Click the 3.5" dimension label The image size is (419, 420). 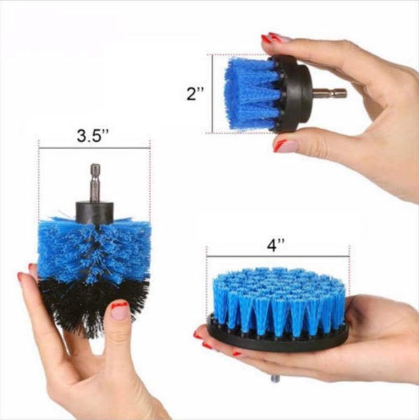[x=94, y=136]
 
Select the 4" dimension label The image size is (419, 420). [x=276, y=245]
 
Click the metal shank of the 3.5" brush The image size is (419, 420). [x=94, y=181]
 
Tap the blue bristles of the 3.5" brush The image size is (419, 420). [x=91, y=245]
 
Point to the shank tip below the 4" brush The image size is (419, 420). [x=275, y=379]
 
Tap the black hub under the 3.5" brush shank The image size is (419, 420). [x=94, y=208]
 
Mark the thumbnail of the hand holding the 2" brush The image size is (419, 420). [x=285, y=146]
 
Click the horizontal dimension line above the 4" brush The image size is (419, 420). [x=276, y=255]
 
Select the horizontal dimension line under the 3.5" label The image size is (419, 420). [x=94, y=148]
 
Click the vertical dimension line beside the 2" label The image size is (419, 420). [x=208, y=93]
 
